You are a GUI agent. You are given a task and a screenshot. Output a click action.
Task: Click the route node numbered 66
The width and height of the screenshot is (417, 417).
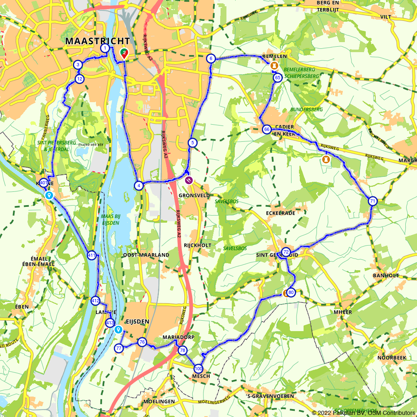266,129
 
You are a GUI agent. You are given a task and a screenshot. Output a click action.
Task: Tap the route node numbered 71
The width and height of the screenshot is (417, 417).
373,201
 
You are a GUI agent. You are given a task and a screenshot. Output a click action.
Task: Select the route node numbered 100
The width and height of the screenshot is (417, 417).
198,369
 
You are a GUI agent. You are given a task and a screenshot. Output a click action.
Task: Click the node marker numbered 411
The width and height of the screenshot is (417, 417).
92,255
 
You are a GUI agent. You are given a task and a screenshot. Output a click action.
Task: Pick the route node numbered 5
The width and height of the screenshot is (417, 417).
192,143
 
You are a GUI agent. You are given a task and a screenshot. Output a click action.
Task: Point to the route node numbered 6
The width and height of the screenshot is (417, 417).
211,58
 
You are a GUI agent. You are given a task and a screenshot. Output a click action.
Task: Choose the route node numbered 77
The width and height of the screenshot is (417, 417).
119,348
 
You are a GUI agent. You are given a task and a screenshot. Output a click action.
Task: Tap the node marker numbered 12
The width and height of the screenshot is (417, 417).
80,79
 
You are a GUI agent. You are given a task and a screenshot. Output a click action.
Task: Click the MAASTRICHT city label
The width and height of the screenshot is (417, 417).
98,41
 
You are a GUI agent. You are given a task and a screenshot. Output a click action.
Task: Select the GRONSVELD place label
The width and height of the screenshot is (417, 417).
194,195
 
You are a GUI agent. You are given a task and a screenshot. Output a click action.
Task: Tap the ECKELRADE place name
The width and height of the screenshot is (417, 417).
280,213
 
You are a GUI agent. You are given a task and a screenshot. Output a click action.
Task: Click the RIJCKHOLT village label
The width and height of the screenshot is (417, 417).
197,245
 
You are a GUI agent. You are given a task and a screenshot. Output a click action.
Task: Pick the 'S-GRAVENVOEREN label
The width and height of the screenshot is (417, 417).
270,396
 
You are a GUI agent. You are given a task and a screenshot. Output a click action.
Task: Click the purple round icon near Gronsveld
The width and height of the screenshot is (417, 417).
189,181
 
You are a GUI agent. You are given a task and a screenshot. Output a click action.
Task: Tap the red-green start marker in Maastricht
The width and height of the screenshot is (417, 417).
124,53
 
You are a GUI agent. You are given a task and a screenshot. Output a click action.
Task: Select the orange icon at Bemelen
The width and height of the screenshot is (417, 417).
274,65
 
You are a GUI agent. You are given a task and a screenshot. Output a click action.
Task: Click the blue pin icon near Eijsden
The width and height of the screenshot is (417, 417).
118,330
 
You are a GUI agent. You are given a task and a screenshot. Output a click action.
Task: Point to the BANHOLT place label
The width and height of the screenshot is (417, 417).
386,275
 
